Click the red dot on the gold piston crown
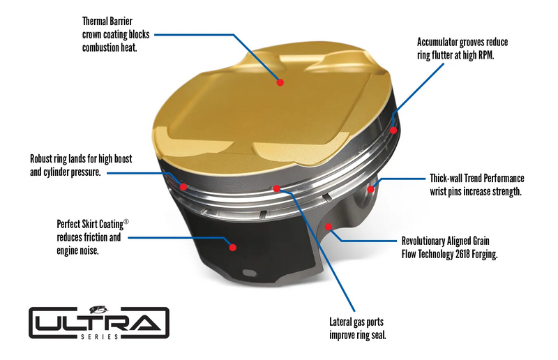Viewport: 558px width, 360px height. (280, 82)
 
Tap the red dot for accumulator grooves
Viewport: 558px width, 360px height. (393, 130)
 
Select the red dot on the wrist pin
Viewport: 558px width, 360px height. (371, 188)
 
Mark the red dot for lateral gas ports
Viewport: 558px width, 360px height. (277, 188)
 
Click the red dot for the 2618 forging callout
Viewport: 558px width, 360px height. (329, 227)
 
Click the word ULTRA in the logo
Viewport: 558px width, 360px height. (98, 322)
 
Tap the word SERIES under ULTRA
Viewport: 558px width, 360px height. (98, 338)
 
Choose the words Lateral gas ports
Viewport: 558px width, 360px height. (356, 322)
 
